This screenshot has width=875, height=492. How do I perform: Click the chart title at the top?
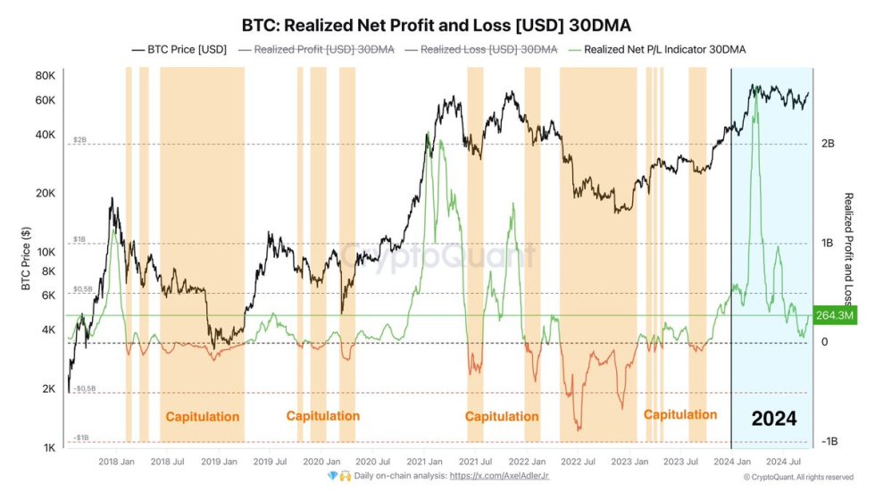[437, 25]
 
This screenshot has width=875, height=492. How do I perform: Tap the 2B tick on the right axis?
[828, 144]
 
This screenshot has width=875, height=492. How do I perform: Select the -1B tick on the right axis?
[829, 442]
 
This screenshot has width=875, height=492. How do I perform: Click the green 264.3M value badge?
[838, 315]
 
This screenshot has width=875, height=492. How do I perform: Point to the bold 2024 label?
[773, 418]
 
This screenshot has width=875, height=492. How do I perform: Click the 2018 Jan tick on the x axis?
[116, 462]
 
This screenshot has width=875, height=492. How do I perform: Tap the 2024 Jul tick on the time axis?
[783, 462]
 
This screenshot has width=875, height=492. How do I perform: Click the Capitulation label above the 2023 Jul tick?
[680, 414]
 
